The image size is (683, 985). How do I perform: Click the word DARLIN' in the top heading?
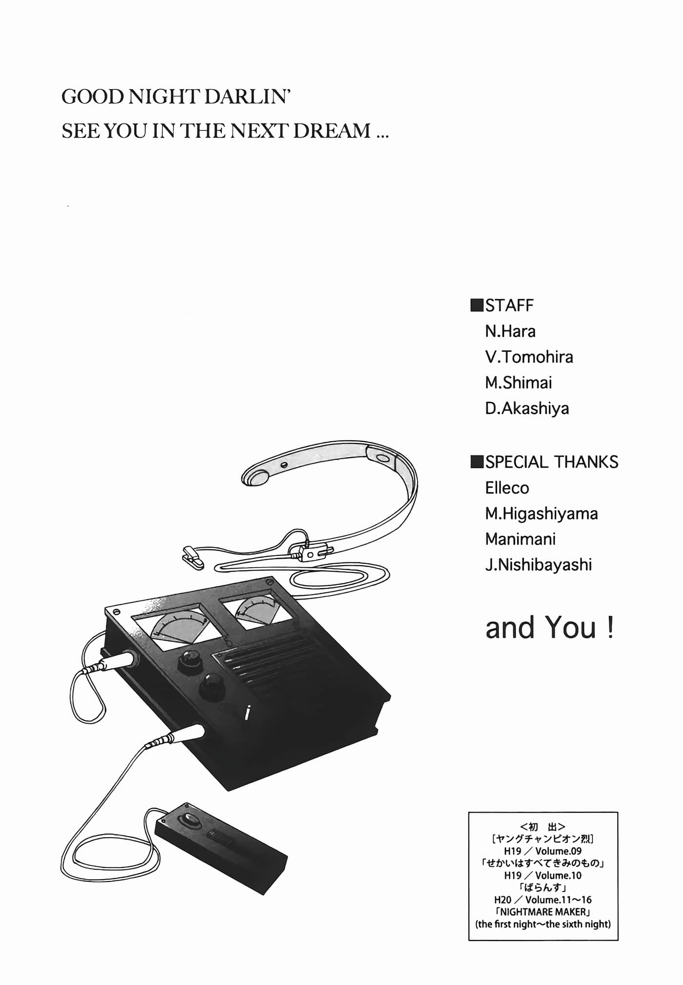pos(247,97)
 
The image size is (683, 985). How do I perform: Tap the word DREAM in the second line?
pos(331,131)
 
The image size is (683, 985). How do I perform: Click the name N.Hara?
pos(510,331)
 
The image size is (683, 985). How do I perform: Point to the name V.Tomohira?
pos(529,357)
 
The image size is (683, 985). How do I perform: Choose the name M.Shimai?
pos(518,383)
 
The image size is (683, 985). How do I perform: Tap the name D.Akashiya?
pos(527,409)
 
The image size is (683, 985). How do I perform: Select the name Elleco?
pos(507,488)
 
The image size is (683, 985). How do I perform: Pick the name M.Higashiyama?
pos(541,513)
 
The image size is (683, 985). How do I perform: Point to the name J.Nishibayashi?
pos(538,565)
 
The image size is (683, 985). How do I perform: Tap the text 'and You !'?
pos(549,628)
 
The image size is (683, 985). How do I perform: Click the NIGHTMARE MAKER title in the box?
pos(542,912)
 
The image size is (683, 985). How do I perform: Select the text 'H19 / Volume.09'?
pos(542,851)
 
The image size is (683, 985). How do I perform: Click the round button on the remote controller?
pos(189,821)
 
